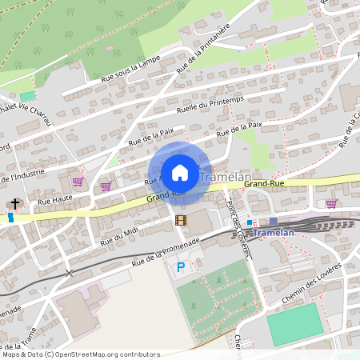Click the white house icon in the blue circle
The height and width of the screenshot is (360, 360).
(x=180, y=172)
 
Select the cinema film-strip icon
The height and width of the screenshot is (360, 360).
(x=180, y=220)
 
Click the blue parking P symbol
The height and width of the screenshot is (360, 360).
(x=181, y=267)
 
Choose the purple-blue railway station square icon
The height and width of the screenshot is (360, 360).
(x=274, y=221)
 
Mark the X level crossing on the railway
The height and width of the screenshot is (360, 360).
(x=70, y=273)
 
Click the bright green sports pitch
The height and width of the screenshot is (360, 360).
(x=294, y=324)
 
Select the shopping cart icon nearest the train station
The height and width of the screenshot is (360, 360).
(x=330, y=203)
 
